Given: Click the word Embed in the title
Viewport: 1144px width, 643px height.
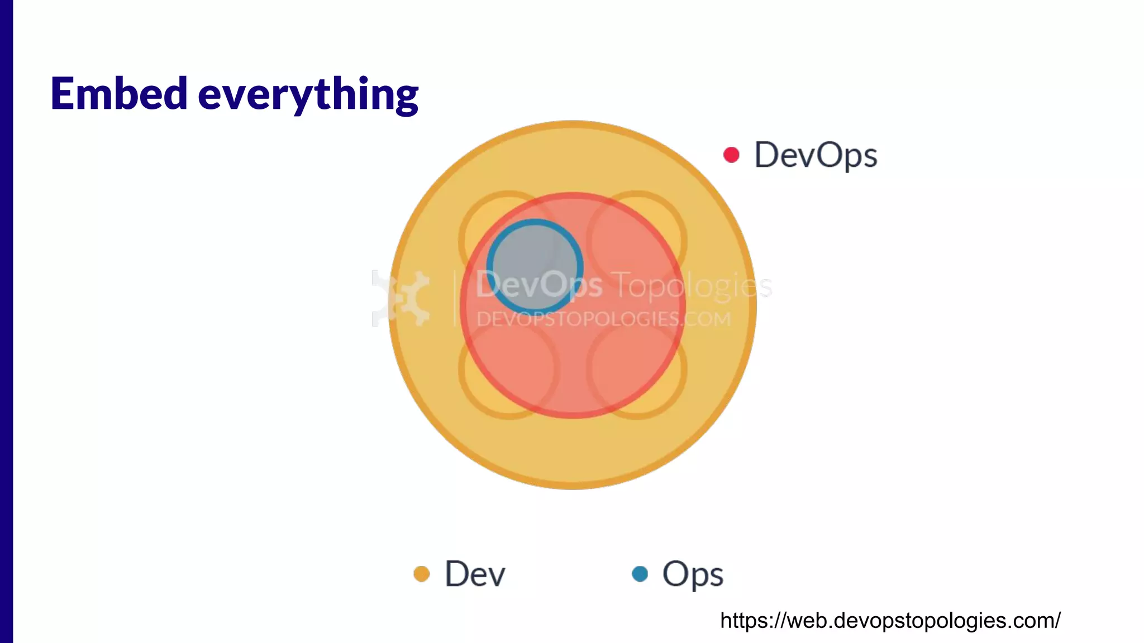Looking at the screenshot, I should coord(118,94).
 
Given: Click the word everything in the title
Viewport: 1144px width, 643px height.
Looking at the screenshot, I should coord(308,95).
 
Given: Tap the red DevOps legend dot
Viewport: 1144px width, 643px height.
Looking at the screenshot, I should coord(731,155).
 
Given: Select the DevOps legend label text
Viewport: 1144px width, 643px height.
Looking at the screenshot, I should coord(816,155).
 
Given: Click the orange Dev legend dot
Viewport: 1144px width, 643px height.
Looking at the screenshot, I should coord(422,574).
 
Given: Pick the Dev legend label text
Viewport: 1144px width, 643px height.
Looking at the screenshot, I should coord(475,574).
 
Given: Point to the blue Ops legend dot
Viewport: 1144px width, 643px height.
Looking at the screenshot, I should coord(640,574).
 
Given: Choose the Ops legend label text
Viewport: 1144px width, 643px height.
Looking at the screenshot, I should coord(693,574).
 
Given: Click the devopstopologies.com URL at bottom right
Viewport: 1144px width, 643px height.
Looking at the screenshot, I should coord(890,621).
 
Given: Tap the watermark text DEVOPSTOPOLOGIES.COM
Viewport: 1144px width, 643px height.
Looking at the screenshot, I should coord(603,319).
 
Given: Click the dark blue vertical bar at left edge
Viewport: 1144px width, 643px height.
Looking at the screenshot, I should coord(6,321).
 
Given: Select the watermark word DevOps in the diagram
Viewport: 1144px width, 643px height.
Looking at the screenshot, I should coord(539,285).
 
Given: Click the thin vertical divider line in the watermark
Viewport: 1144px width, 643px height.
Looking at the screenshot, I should coord(455,298).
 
